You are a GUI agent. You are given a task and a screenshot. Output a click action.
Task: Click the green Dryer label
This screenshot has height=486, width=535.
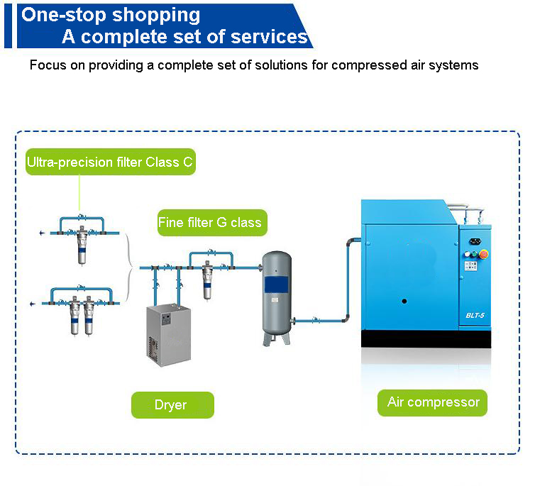172,405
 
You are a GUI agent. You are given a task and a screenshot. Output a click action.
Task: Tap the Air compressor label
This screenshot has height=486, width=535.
432,402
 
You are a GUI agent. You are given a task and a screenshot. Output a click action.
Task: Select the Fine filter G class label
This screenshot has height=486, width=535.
212,222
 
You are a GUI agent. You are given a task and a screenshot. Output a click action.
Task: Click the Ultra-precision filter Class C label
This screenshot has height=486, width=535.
111,162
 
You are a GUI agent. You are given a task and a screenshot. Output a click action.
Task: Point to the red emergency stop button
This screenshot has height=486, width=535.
483,254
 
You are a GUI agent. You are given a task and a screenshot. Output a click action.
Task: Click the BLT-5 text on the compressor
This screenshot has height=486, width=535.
475,315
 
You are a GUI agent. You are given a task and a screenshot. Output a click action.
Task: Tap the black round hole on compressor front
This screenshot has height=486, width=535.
404,301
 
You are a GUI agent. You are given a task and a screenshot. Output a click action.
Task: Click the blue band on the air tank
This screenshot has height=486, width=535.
276,285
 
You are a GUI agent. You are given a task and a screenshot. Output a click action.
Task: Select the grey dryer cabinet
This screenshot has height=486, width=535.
169,336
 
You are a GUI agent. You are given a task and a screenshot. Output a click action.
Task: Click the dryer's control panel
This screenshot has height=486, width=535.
166,319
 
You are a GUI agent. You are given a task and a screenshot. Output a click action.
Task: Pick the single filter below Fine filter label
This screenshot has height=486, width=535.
207,280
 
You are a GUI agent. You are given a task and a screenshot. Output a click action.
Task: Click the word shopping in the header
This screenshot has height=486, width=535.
156,16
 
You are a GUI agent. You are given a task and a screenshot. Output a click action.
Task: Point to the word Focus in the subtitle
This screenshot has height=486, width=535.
48,65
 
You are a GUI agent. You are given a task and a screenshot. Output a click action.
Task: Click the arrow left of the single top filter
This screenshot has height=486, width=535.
42,233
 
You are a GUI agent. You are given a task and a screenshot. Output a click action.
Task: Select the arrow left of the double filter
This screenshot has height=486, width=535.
33,304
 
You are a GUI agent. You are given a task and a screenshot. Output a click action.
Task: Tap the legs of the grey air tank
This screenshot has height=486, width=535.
277,338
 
